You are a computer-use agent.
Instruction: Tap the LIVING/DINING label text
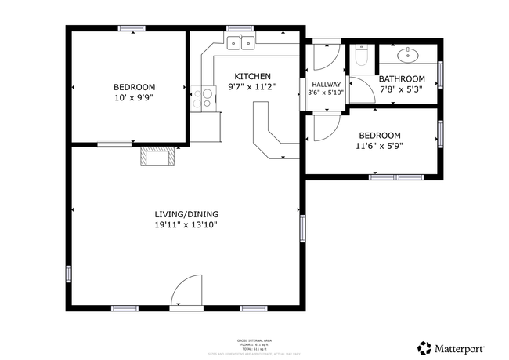tap(186, 213)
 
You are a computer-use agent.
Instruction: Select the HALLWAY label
tap(327, 84)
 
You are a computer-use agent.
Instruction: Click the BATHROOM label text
tap(402, 78)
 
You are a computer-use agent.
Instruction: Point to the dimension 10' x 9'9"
tap(134, 98)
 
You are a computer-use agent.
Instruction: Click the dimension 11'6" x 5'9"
tap(378, 146)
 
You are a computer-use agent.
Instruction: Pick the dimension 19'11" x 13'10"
tap(186, 225)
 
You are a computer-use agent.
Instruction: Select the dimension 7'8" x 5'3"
tap(402, 89)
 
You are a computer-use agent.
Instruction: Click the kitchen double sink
tap(241, 43)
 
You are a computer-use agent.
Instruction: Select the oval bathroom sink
tap(408, 54)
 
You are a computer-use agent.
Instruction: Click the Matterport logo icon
tap(424, 347)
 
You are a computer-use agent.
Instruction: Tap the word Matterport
tap(460, 348)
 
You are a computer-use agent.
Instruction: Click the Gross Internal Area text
tap(254, 340)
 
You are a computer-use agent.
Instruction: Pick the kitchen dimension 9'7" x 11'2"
tap(251, 87)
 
